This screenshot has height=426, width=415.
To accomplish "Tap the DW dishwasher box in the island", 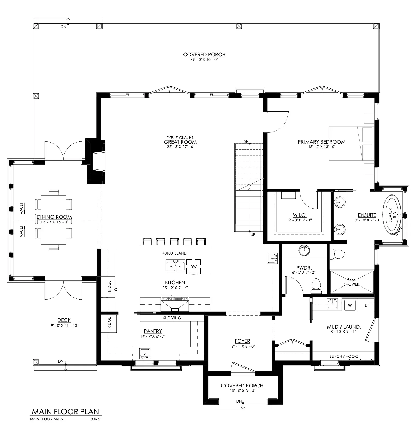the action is coord(194,267).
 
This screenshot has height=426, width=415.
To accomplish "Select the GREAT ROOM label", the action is coord(180,142).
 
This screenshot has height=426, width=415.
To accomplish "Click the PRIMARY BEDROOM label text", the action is coord(321,142).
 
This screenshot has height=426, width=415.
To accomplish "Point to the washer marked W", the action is coord(350,306).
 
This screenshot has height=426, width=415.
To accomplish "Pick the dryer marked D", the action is coord(366,306).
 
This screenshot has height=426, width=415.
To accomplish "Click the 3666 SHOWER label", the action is coord(351,282).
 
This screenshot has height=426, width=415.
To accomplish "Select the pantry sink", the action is coord(144,354).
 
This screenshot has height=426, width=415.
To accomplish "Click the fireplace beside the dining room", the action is coord(95,161).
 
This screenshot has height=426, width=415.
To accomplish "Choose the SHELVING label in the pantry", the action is coord(172,318).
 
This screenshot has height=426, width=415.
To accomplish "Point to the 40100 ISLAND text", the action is coord(174,253).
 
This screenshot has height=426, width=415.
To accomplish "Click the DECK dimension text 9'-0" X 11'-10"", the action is coord(64,326).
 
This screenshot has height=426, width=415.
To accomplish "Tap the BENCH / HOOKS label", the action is coord(344,356).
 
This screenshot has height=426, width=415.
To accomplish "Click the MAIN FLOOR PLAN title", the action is coord(65,412).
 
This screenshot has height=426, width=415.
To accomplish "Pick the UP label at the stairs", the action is coord(253,234).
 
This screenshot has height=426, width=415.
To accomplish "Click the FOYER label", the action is coord(242,341).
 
